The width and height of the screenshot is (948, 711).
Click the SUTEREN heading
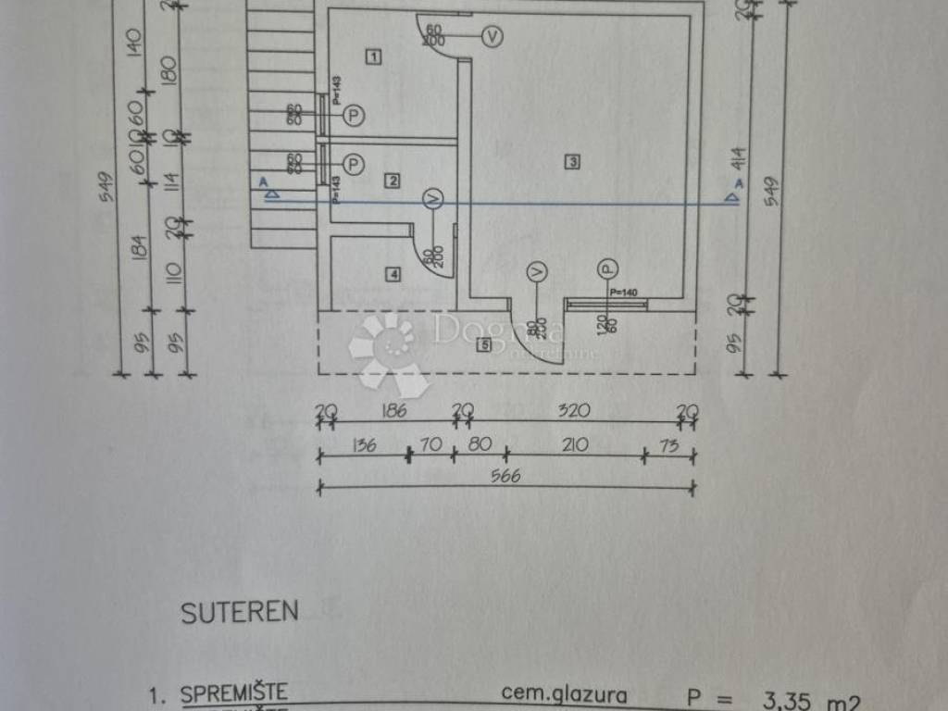(x=240, y=612)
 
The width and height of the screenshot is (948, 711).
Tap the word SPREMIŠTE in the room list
(x=234, y=692)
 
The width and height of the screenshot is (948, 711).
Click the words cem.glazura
(x=564, y=692)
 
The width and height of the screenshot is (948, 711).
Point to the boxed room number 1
(x=373, y=57)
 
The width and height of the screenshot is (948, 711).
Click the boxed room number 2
(x=393, y=181)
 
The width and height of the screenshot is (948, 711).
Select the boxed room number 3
(x=573, y=162)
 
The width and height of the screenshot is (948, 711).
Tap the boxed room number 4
(x=393, y=274)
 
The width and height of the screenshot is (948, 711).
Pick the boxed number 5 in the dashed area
(x=482, y=345)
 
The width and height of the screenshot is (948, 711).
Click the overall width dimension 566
(x=506, y=476)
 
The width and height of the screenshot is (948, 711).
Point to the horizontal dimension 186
(x=394, y=411)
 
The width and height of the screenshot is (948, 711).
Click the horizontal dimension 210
(x=575, y=445)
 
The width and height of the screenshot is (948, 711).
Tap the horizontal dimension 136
(x=363, y=445)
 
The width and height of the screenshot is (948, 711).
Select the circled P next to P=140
(x=606, y=269)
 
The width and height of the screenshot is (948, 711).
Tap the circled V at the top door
(x=493, y=37)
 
